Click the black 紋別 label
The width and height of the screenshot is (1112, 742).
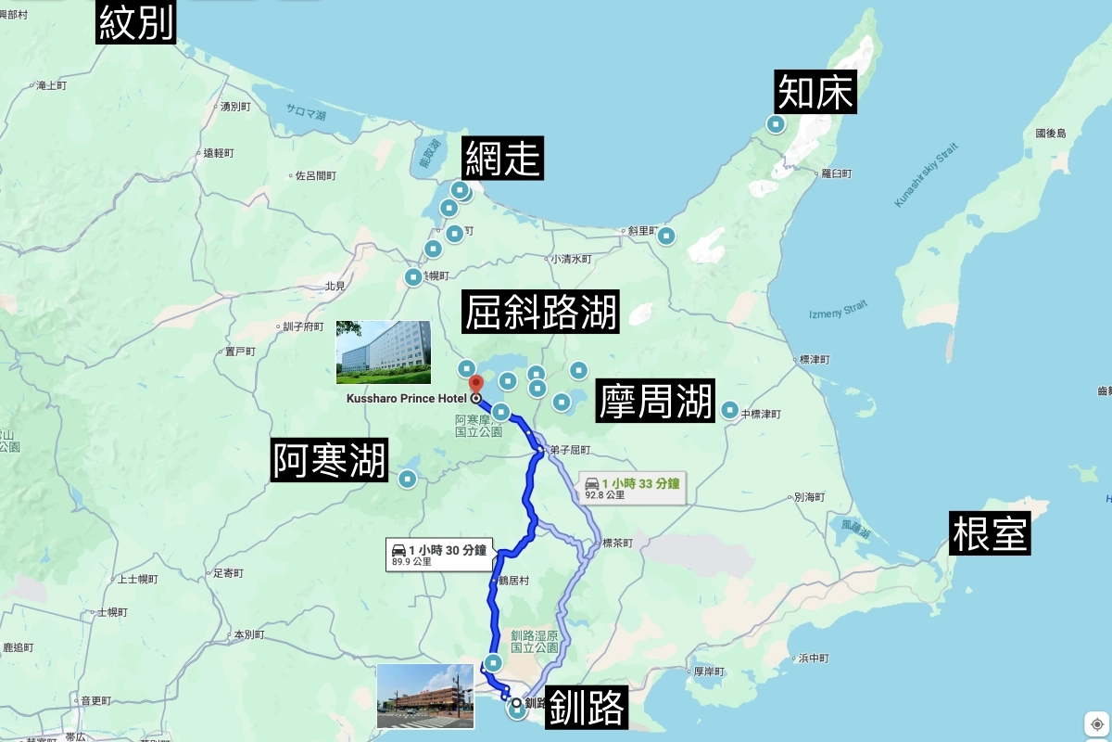pos(137,21)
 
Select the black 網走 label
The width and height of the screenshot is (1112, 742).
pos(503,158)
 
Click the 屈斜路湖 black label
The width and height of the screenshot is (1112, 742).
pos(541,313)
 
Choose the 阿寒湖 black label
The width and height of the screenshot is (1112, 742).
pos(329,460)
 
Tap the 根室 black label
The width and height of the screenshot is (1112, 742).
pos(990,533)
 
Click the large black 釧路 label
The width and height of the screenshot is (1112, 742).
pos(586,708)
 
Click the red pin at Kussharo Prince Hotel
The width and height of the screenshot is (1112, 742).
pos(475,385)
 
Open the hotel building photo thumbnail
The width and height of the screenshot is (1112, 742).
pos(383,352)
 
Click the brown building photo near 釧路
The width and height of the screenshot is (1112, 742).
pos(425,696)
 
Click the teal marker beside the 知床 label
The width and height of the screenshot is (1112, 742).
pos(776,124)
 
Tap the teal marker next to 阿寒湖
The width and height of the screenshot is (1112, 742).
pos(407,479)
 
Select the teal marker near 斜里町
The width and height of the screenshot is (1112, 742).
pos(666,237)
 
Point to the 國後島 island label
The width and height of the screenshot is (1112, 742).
pos(1051,134)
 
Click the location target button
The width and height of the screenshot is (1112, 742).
pos(1096,723)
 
